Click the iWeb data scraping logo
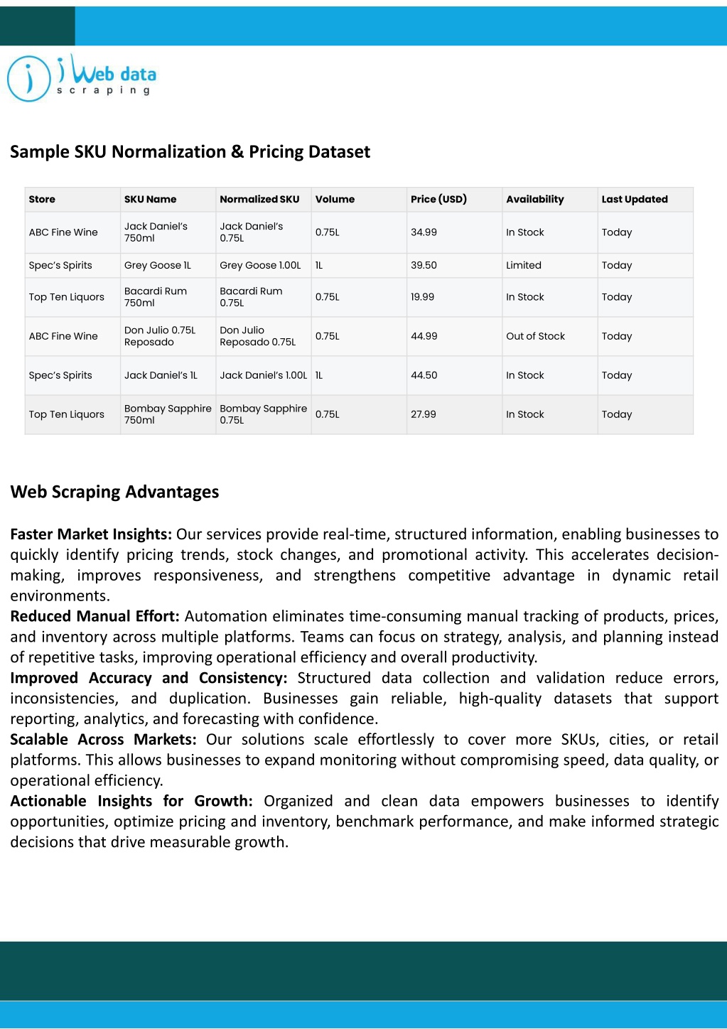click(x=82, y=78)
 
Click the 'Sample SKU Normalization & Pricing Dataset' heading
click(x=190, y=151)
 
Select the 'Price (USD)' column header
click(x=438, y=199)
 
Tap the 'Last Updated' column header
click(x=634, y=199)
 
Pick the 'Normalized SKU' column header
click(x=259, y=199)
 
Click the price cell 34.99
click(x=424, y=232)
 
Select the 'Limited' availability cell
click(x=523, y=265)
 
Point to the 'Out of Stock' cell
click(x=535, y=336)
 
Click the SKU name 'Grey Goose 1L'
click(x=157, y=265)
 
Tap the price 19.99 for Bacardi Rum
click(x=422, y=297)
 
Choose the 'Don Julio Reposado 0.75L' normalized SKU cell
click(x=257, y=336)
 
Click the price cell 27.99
click(x=423, y=414)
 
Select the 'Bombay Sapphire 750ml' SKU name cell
click(x=168, y=414)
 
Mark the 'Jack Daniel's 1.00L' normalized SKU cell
click(x=263, y=375)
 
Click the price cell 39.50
click(x=424, y=265)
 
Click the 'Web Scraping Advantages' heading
click(x=114, y=492)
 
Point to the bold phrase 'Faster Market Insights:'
click(x=91, y=534)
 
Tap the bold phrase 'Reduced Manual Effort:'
click(x=95, y=616)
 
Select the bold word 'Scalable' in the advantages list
click(x=38, y=740)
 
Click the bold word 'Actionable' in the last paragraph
click(x=48, y=802)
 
